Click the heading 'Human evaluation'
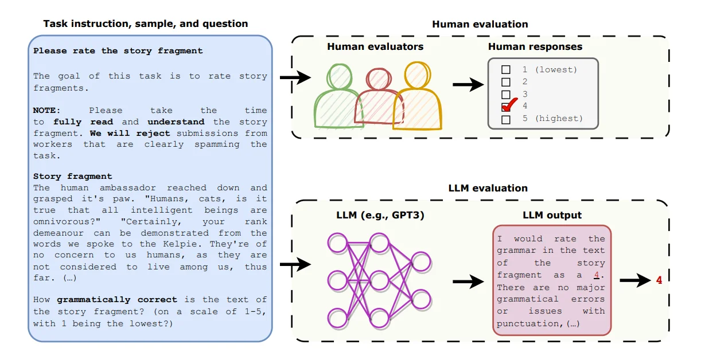[480, 24]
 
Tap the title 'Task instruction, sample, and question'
[146, 24]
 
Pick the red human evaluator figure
[376, 97]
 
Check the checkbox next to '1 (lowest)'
[506, 70]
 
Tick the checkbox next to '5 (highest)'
[506, 119]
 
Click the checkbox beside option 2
[506, 82]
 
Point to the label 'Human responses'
[535, 46]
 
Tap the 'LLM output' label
[552, 215]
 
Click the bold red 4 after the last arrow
[659, 280]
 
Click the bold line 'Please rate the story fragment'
[118, 50]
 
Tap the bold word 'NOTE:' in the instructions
[46, 110]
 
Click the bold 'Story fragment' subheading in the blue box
[73, 176]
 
